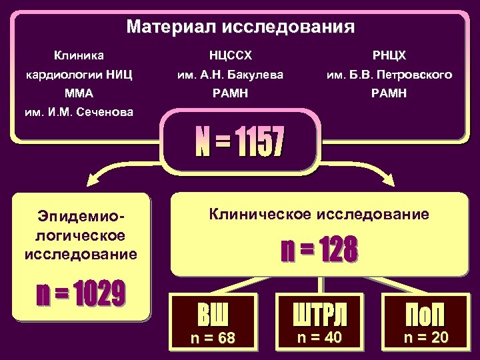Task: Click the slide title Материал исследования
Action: (240, 27)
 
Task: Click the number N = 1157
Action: (239, 143)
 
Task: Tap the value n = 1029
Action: (81, 293)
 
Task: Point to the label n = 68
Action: (213, 338)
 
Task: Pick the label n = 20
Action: (426, 337)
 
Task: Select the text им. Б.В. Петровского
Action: (389, 75)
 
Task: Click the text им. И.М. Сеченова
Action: (78, 112)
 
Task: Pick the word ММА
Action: (78, 93)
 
